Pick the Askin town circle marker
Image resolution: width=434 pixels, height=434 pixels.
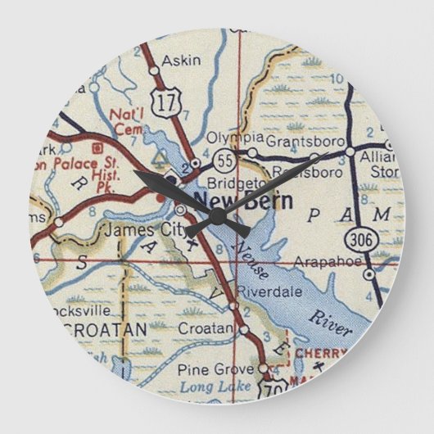coord(154,70)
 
